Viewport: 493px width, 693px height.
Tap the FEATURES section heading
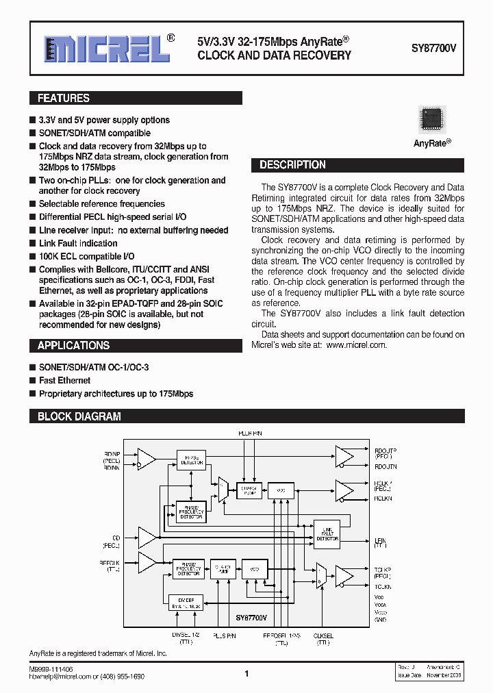tap(64, 99)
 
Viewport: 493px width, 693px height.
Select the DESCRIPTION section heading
tap(293, 165)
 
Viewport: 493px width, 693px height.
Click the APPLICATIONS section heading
tap(73, 346)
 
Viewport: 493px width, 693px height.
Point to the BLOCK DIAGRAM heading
tap(79, 416)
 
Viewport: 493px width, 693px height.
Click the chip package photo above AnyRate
tap(432, 121)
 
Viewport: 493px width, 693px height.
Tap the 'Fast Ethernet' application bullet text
tap(64, 381)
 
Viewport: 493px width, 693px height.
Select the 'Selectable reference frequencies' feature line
tap(101, 204)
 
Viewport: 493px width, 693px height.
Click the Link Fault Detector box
tap(327, 534)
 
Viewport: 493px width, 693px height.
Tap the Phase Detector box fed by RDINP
tap(191, 459)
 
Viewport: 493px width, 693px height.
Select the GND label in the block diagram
tap(381, 619)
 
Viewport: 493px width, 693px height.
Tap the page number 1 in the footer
tap(246, 674)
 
